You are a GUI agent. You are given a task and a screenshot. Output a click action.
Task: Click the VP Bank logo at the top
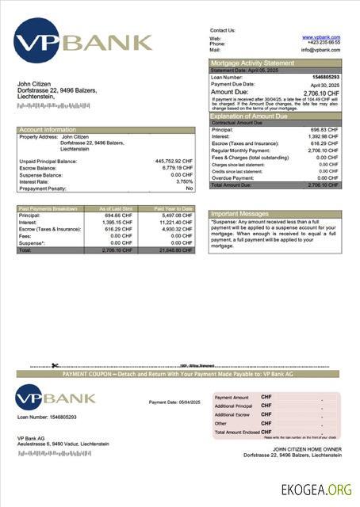(82, 42)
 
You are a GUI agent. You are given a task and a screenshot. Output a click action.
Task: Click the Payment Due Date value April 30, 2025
(324, 84)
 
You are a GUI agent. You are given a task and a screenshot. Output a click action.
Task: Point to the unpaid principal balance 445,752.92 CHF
(174, 161)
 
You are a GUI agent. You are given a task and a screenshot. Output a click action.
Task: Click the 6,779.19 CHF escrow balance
(176, 168)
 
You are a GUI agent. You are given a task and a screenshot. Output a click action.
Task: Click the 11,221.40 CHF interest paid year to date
(174, 223)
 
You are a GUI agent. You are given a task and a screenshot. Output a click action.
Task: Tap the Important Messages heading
(240, 214)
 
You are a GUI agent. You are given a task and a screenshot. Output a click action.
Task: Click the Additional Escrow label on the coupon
(232, 414)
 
